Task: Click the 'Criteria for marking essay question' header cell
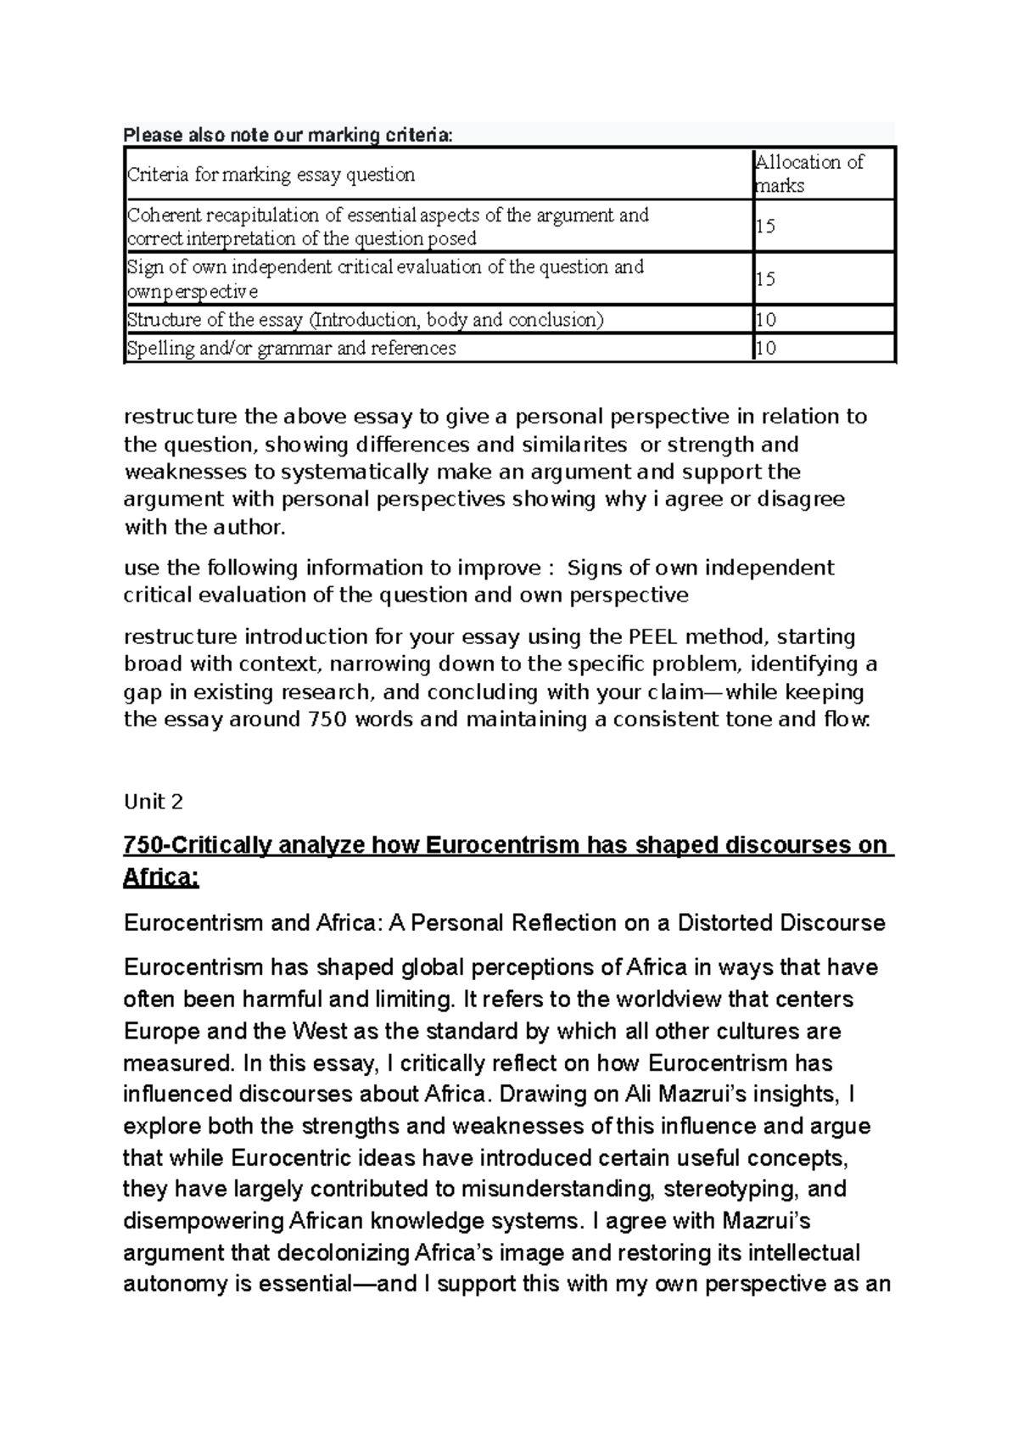(271, 175)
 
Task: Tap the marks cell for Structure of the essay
(765, 320)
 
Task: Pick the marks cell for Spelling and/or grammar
(765, 348)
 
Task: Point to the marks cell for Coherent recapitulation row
(765, 227)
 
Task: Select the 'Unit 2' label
(154, 801)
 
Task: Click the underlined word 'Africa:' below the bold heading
(161, 876)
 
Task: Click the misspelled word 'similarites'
(578, 445)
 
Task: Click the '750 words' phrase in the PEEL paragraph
(358, 719)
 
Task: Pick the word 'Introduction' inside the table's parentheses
(365, 320)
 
